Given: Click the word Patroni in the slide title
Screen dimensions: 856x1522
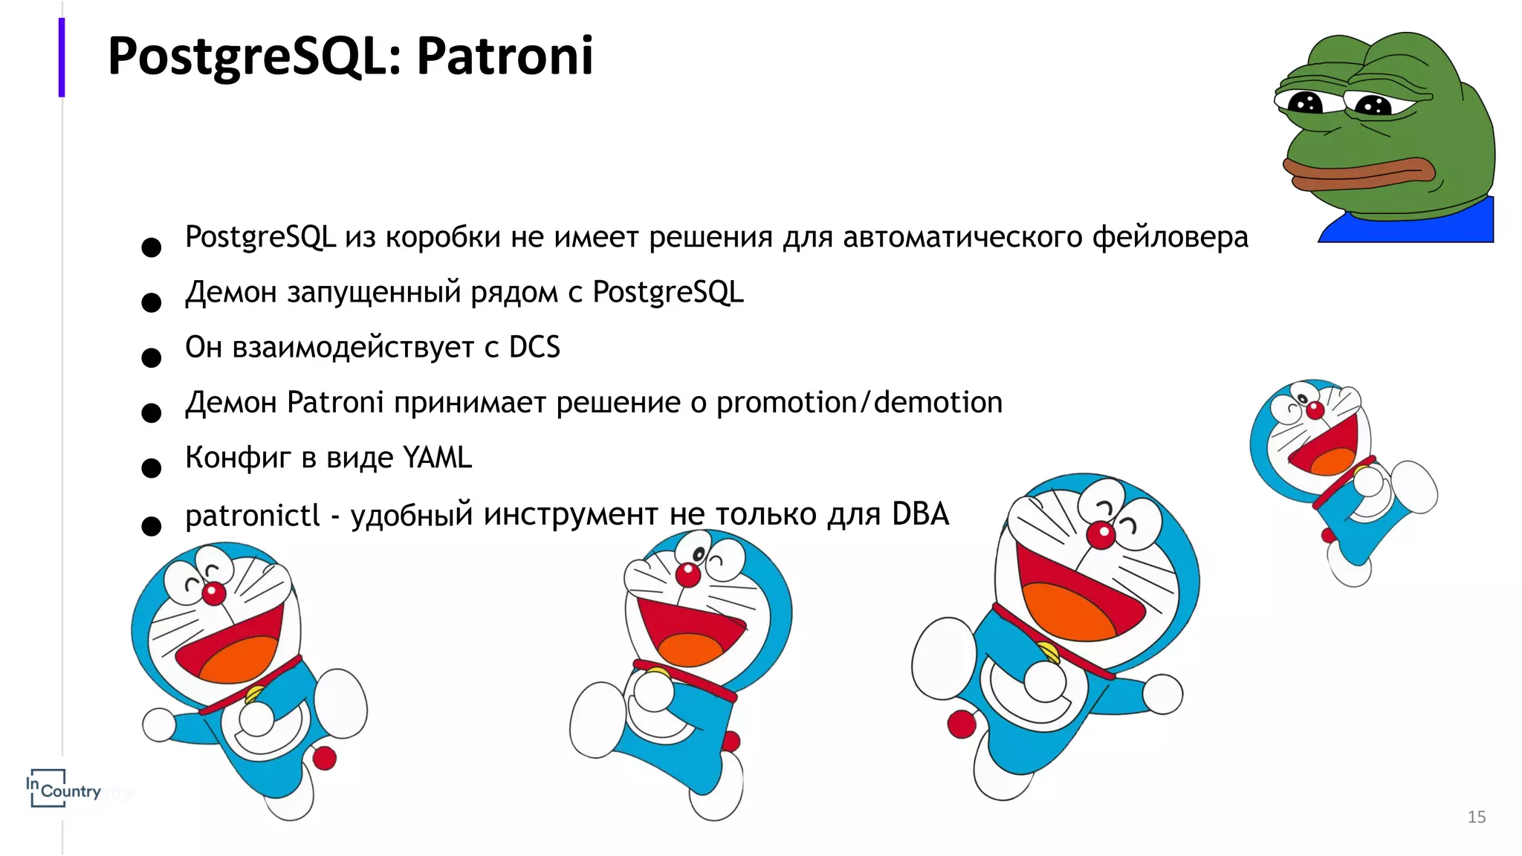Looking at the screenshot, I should click(x=505, y=56).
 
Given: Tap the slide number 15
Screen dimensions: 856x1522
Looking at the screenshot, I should click(x=1476, y=817).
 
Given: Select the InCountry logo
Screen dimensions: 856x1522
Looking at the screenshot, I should click(x=63, y=788).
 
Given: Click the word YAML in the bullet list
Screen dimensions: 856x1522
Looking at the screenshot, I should click(x=437, y=458).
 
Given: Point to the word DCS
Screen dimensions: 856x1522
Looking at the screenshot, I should click(x=534, y=348).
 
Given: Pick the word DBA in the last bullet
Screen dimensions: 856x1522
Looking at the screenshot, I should click(x=920, y=514).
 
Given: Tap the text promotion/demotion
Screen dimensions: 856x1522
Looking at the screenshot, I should click(x=859, y=403).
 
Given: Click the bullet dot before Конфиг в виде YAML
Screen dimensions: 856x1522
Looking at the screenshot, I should click(x=152, y=468).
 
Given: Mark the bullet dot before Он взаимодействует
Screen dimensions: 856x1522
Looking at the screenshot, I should click(x=152, y=358).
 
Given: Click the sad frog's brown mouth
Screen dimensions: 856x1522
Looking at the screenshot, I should click(x=1360, y=172).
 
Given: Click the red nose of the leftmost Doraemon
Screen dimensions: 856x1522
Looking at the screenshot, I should click(x=214, y=594).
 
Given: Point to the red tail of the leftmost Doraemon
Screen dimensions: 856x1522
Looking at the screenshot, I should click(x=324, y=759).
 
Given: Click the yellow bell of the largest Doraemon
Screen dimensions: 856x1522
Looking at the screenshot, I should click(x=1049, y=652).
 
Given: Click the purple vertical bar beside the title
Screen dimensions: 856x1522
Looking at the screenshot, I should click(x=62, y=58).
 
